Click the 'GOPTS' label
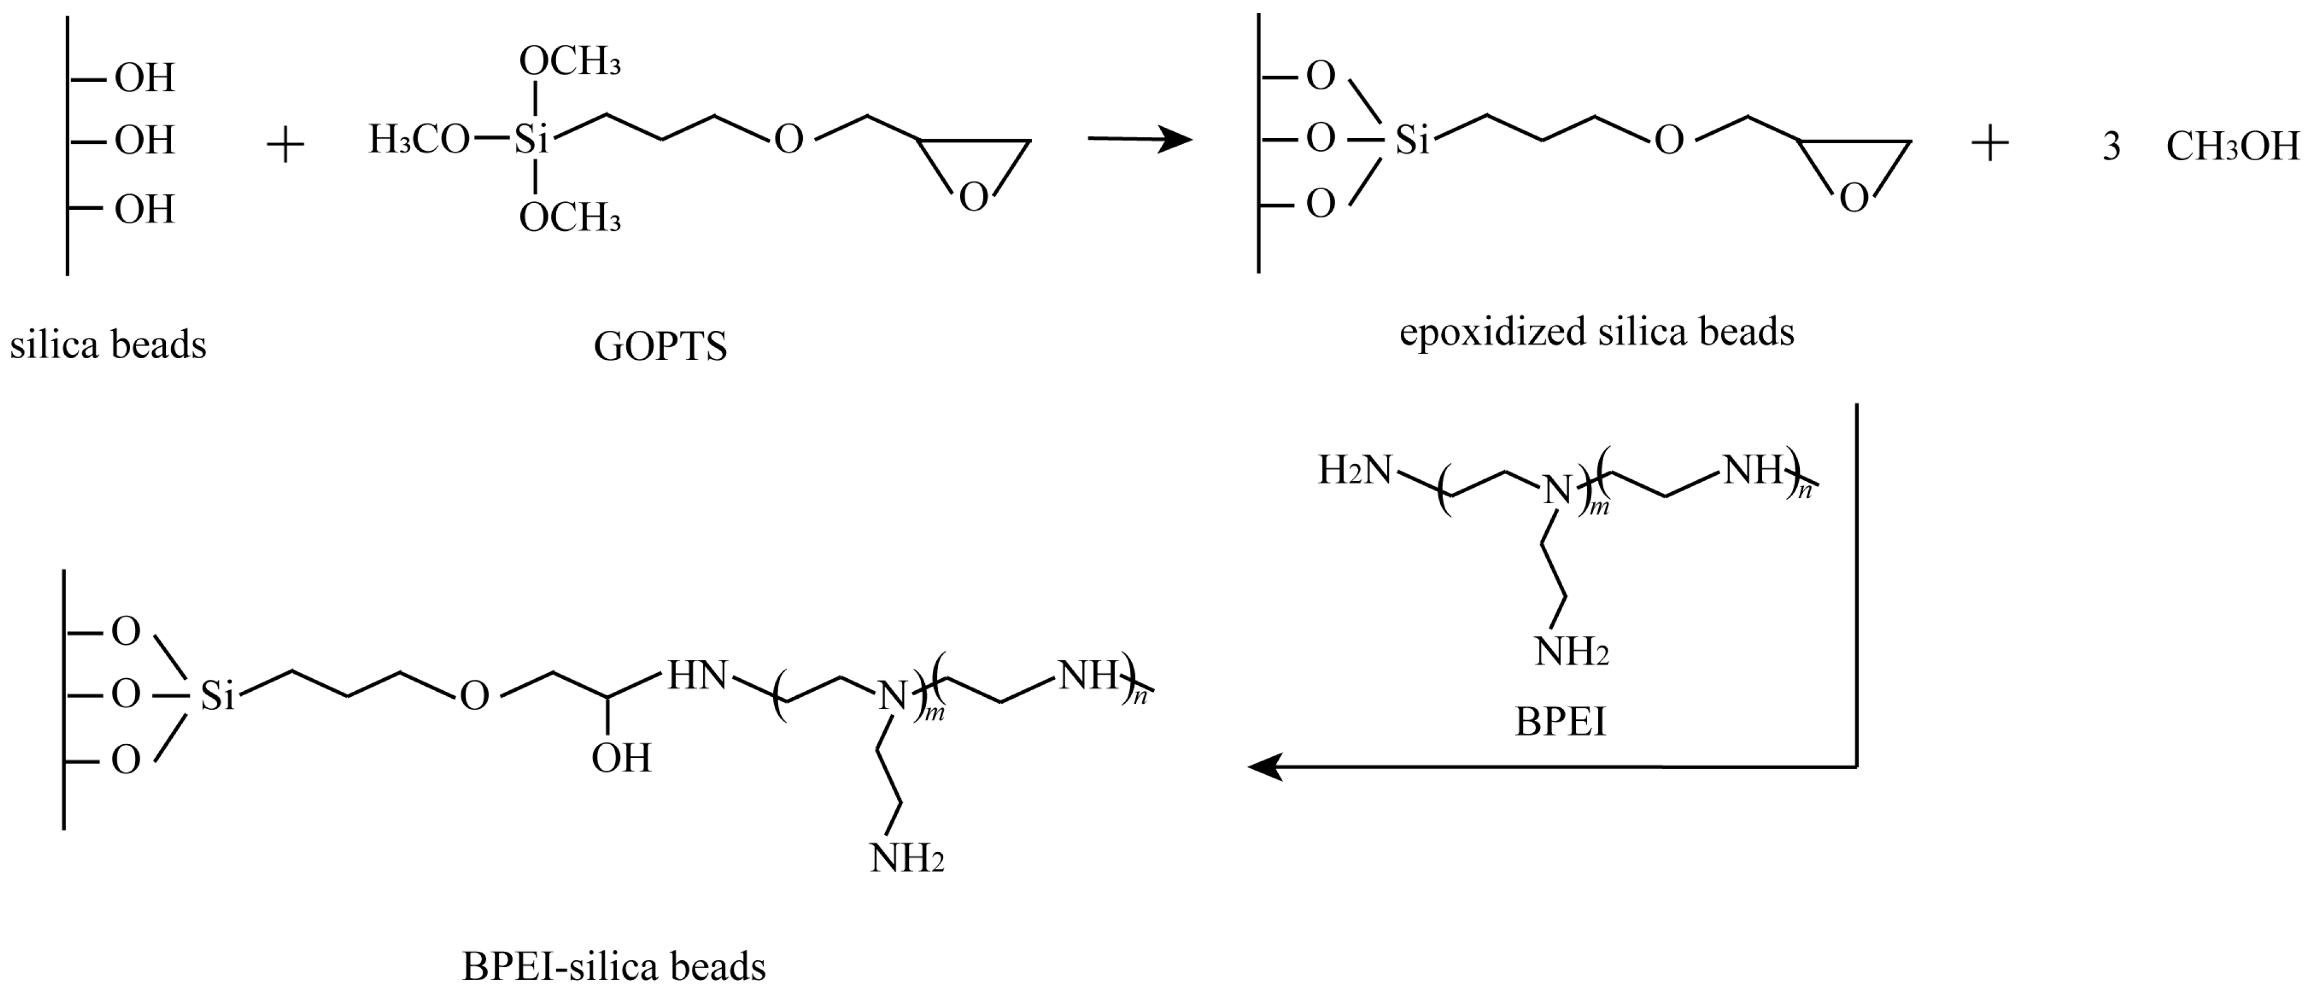pyautogui.click(x=661, y=347)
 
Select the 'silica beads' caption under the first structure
pyautogui.click(x=108, y=345)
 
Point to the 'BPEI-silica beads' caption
pyautogui.click(x=614, y=966)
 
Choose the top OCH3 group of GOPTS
pyautogui.click(x=570, y=62)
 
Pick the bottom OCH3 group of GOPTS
pyautogui.click(x=570, y=218)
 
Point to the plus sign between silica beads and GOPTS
pyautogui.click(x=286, y=144)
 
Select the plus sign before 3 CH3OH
pyautogui.click(x=1989, y=144)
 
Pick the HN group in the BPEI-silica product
pyautogui.click(x=696, y=675)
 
